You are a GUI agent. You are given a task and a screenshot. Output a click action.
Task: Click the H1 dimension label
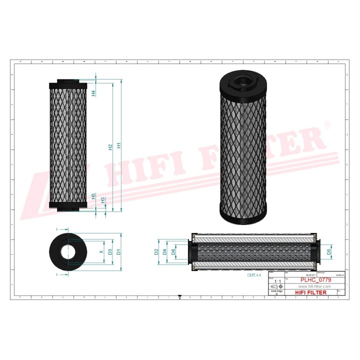coord(119,145)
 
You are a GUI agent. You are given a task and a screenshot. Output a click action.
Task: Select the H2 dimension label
coord(110,147)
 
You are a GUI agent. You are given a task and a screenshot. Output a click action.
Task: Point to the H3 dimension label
coord(103,200)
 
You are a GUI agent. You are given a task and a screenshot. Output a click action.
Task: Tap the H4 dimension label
coord(93,92)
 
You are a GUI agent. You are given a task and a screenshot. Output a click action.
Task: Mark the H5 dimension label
coord(93,196)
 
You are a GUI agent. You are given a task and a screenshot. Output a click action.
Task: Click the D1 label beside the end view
coord(118,251)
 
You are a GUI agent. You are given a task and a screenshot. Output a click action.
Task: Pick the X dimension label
coord(101,251)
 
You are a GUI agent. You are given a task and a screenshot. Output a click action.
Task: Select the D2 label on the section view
coord(156,251)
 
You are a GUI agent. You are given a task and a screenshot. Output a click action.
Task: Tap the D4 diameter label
coord(164,251)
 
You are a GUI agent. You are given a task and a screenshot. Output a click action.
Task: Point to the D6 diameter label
coord(173,251)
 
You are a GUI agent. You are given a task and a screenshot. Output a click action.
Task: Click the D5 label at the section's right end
coord(328,251)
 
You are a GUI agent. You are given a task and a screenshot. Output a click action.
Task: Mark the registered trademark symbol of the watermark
coord(328,123)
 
